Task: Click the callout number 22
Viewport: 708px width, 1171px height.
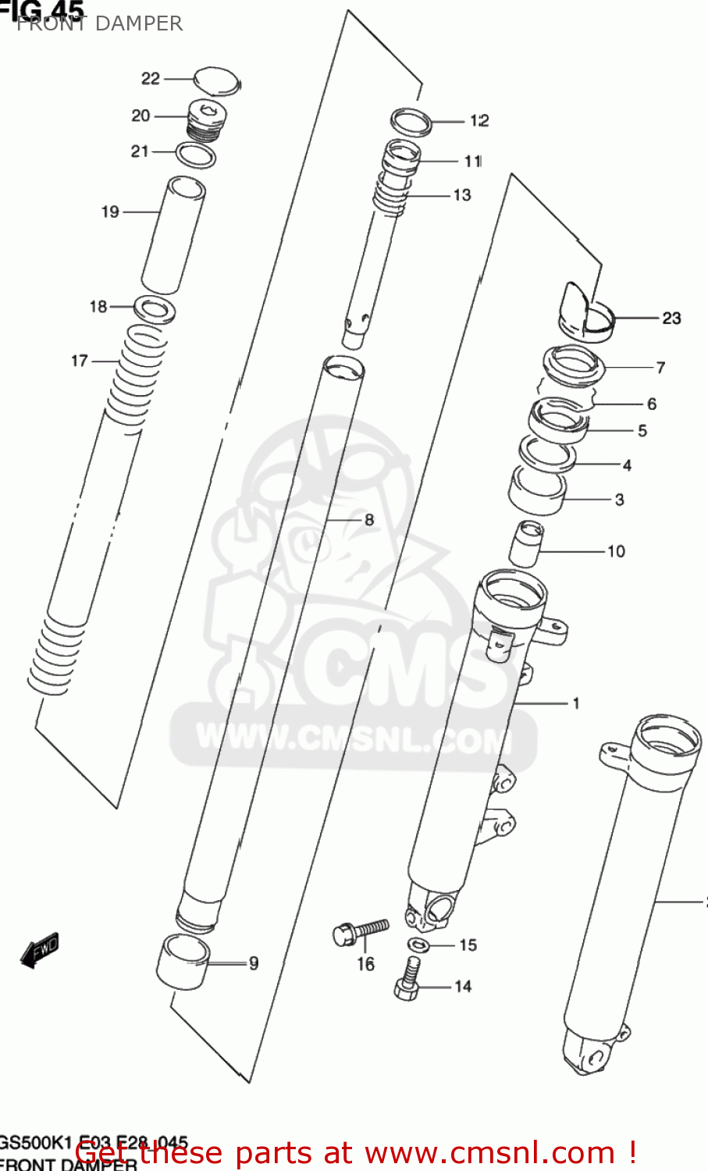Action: tap(150, 78)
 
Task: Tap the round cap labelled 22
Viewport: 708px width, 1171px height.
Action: tap(216, 82)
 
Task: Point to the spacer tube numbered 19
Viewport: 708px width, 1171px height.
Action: tap(173, 234)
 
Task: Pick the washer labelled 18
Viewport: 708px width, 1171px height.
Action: tap(155, 309)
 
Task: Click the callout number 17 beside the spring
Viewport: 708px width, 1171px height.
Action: tap(80, 361)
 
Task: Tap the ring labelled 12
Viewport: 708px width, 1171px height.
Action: tap(411, 122)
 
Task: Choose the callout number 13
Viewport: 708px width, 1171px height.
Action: tap(462, 195)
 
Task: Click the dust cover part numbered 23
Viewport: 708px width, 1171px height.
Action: tap(587, 311)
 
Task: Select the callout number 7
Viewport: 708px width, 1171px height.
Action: tap(660, 367)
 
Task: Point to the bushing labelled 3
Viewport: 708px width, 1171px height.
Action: tap(537, 492)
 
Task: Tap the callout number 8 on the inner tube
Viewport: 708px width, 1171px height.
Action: tap(369, 520)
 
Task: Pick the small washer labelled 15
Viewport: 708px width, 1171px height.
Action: tap(418, 945)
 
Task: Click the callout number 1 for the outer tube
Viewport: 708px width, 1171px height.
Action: tap(576, 703)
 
